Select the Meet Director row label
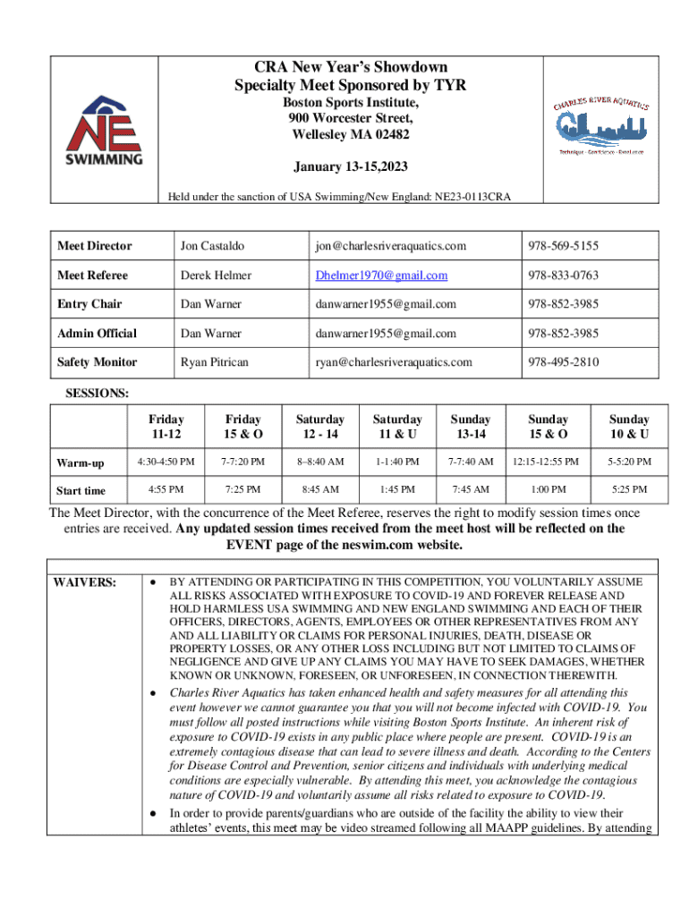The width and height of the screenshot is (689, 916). (94, 246)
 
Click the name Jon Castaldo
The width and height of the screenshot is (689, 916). (212, 246)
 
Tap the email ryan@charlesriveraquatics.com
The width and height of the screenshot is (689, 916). (392, 362)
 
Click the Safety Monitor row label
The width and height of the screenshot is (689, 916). (97, 362)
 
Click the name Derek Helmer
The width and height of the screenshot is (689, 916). (216, 276)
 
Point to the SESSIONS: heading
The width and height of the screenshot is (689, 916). (97, 393)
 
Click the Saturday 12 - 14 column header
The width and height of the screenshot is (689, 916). (320, 427)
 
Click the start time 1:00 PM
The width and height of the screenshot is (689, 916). (547, 490)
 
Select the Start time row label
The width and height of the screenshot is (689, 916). (81, 491)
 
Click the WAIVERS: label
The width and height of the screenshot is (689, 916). (84, 582)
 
